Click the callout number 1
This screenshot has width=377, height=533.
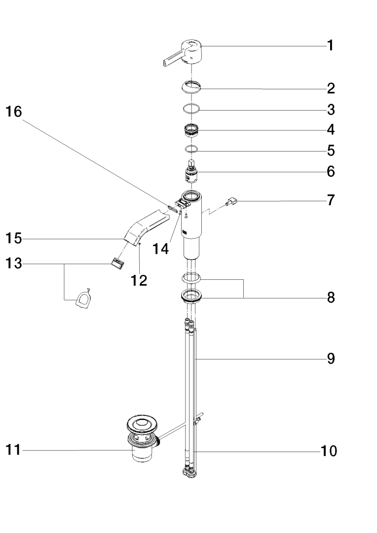[x=330, y=46]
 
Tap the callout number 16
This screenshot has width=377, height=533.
[x=14, y=112]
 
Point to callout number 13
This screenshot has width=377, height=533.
[x=14, y=264]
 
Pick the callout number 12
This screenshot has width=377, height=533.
[x=139, y=280]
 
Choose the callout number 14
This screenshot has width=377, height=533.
[x=161, y=248]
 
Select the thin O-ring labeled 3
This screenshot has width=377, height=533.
[x=190, y=108]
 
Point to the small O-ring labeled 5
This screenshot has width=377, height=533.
[x=190, y=149]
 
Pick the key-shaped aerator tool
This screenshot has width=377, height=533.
[x=82, y=299]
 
